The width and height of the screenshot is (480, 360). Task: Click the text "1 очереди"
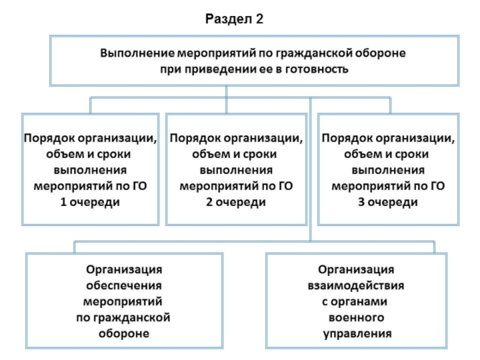point(90,202)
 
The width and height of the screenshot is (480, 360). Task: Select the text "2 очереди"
point(237,202)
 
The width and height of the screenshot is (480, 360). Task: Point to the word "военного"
point(356,316)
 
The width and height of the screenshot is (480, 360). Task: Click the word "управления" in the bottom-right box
point(356,332)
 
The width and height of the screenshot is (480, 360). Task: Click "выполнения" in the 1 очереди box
point(90,170)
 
